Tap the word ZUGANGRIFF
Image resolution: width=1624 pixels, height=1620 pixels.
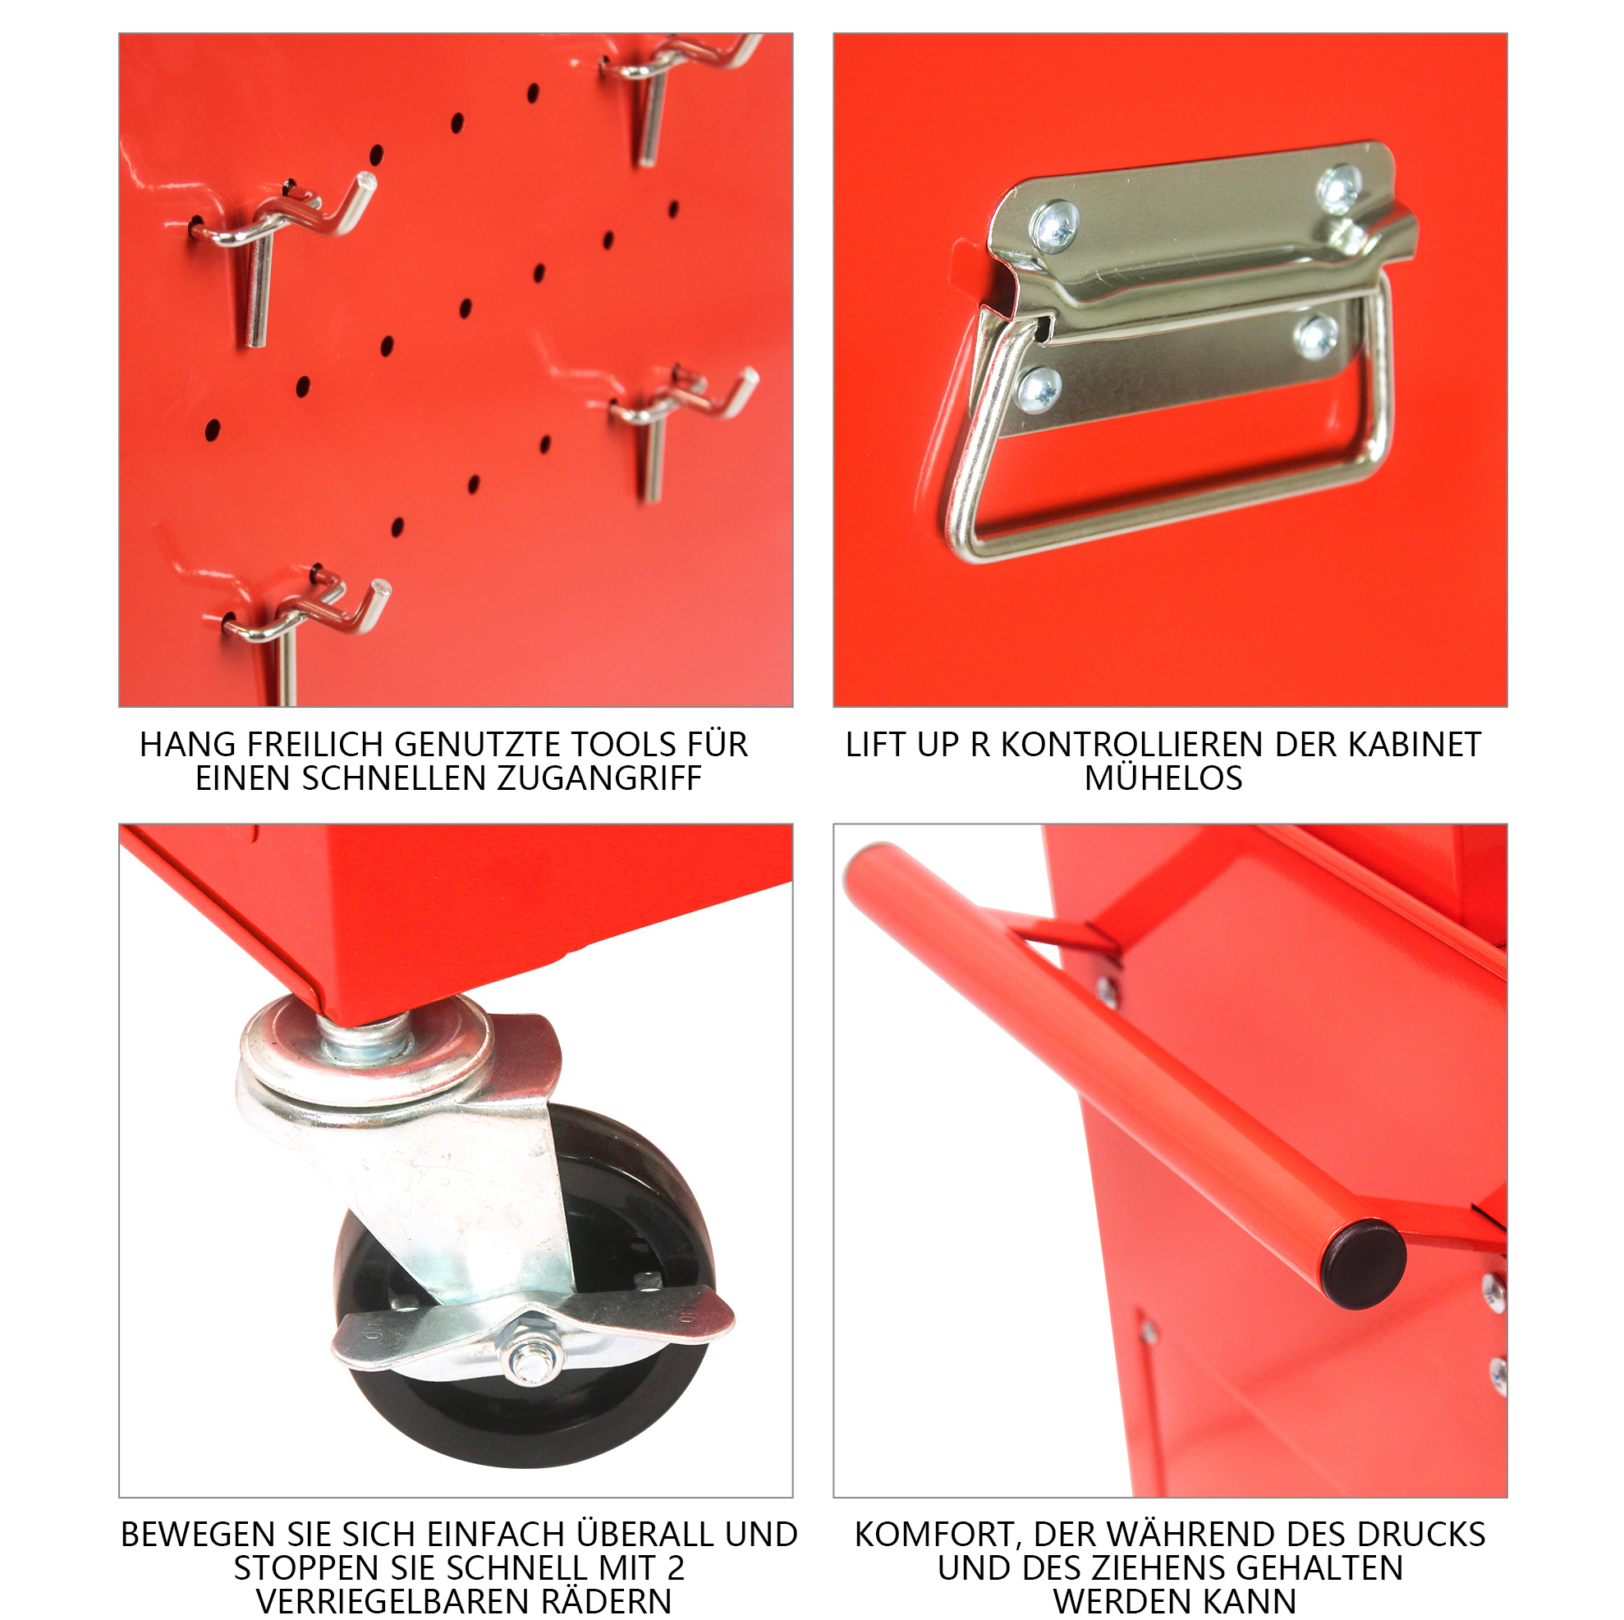click(599, 778)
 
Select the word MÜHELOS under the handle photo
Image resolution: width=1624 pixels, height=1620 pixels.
click(1163, 778)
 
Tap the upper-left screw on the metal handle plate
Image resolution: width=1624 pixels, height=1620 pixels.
click(1055, 225)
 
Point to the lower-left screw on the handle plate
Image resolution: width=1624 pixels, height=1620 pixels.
click(1039, 389)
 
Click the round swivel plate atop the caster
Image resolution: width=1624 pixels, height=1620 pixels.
click(365, 1051)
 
